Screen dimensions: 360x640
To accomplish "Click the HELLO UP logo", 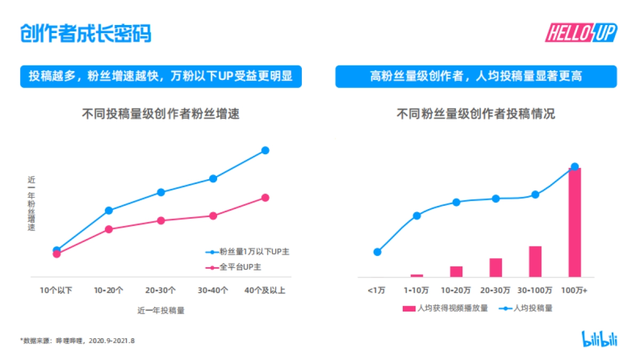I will pos(580,33).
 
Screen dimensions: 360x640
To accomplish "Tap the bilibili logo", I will pos(599,339).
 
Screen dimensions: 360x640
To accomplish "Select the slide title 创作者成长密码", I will pos(86,33).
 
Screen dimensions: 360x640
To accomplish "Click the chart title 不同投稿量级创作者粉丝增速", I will pos(161,114).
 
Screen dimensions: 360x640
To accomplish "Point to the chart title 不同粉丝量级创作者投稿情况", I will pos(476,114).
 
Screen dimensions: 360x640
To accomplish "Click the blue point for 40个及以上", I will pos(265,150).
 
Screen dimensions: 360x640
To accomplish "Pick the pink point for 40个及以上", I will pos(265,198).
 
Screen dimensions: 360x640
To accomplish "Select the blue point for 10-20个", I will pos(109,210).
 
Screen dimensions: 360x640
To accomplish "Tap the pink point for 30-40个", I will pos(213,216).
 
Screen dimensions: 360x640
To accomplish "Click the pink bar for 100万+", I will pos(574,223).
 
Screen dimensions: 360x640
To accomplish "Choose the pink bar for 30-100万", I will pos(535,261).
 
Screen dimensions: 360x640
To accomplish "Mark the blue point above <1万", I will pos(378,252).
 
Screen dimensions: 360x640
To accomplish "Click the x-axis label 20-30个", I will pos(161,291).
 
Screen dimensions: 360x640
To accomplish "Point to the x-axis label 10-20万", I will pos(456,291).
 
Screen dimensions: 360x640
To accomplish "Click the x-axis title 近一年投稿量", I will pos(161,310).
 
